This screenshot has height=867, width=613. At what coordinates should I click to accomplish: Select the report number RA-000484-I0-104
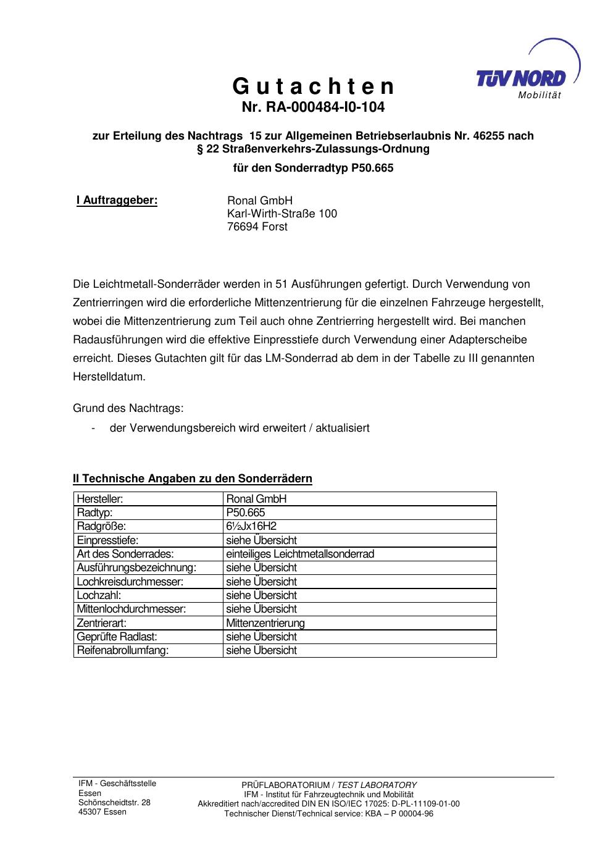(x=313, y=107)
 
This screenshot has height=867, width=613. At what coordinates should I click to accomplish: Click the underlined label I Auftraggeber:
(x=117, y=200)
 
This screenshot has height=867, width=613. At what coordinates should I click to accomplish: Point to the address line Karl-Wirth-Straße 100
(x=282, y=214)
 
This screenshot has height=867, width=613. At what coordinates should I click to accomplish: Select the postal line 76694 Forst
(x=257, y=227)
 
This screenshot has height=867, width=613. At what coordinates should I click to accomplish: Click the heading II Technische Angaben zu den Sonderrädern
(x=193, y=479)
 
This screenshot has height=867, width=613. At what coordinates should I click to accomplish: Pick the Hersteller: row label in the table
(x=100, y=499)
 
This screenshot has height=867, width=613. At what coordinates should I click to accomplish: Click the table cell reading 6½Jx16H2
(x=251, y=526)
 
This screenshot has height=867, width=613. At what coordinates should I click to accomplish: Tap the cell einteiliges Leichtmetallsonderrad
(x=300, y=554)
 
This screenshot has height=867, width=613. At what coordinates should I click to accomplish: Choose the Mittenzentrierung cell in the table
(x=265, y=623)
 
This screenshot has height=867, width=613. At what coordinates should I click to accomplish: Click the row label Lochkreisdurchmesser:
(x=130, y=582)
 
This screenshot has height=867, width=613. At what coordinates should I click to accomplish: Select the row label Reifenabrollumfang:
(x=123, y=650)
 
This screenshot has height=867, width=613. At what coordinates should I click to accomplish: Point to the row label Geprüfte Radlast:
(x=117, y=637)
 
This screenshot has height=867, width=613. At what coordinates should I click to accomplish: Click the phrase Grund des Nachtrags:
(x=128, y=408)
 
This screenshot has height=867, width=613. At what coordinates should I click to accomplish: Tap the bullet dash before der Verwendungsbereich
(x=93, y=428)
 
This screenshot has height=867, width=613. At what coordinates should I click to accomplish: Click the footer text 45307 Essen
(x=102, y=812)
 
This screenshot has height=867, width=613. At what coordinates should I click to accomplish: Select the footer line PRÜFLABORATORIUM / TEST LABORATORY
(x=328, y=785)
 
